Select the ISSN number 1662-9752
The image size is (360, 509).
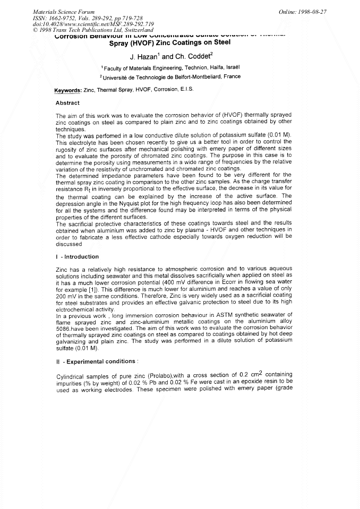coord(64,18)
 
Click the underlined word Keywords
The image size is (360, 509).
coord(68,90)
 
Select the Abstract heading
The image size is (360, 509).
coord(67,103)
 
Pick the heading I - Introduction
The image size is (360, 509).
coord(77,257)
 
